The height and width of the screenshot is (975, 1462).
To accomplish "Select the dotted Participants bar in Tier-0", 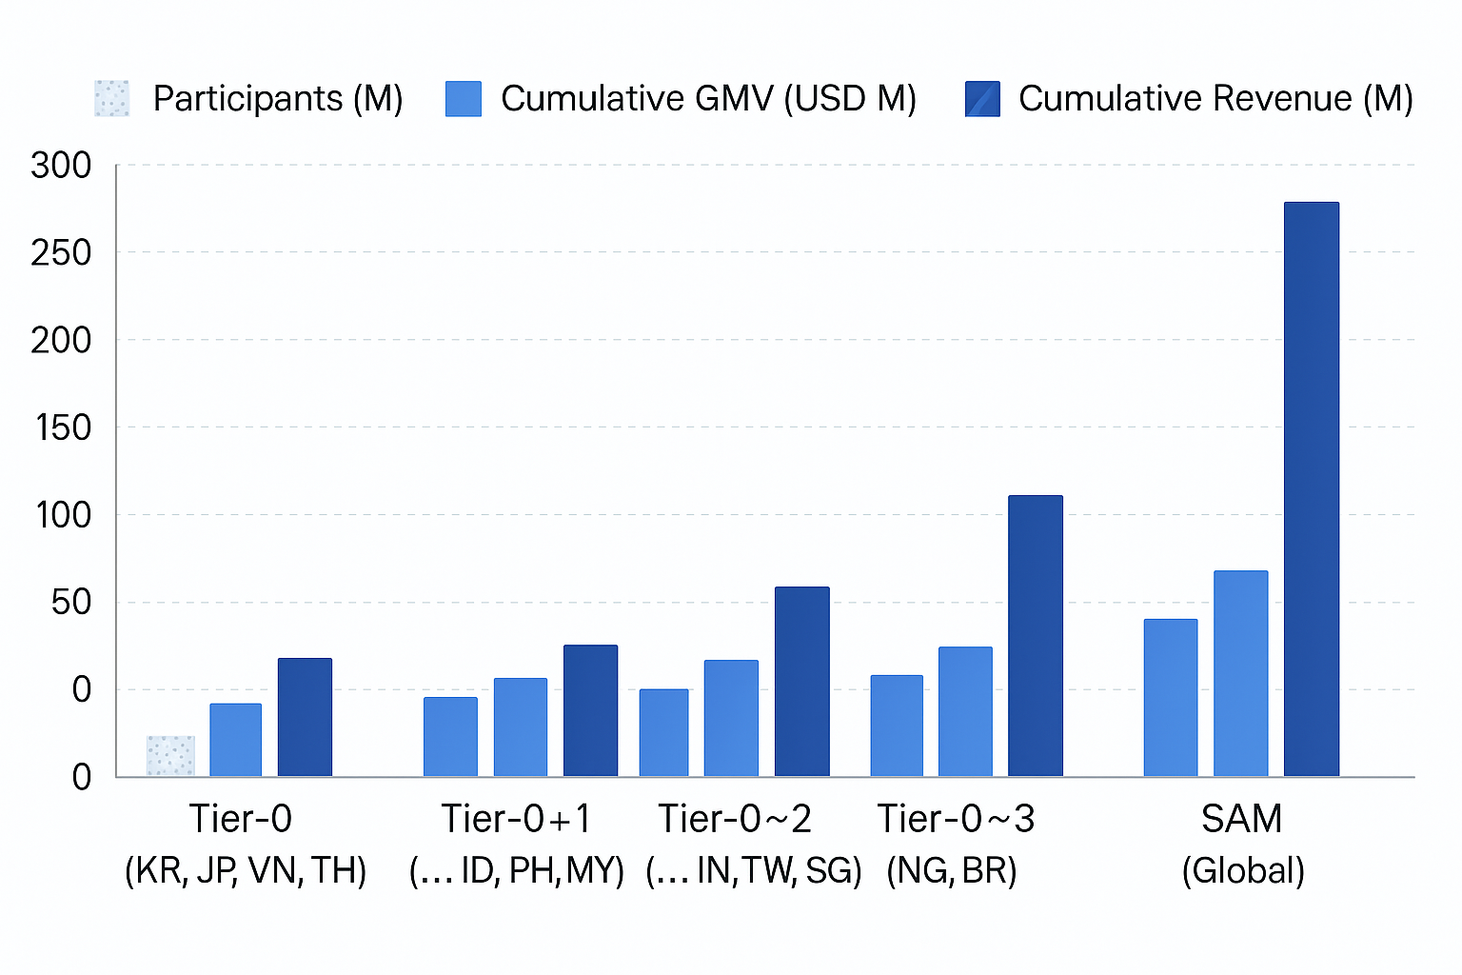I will coord(170,756).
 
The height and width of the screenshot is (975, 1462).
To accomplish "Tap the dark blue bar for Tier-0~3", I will coord(1035,635).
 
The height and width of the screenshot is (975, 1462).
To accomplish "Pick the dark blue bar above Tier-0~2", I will coord(801,681).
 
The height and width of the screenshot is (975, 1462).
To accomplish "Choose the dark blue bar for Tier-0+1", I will coord(590,710).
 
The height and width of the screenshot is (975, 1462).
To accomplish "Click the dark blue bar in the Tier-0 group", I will coord(305,717).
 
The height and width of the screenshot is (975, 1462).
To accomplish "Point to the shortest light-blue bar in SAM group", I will coord(1170,697).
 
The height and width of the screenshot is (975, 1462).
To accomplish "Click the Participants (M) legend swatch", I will coord(111,99).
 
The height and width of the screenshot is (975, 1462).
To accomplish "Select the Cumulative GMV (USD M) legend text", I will coord(708,99).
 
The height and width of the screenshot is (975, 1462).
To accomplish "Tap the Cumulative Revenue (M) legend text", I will coord(1215,99).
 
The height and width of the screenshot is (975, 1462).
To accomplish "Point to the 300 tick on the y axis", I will coord(61,166).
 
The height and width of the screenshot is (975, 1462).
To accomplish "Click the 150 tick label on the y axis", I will coord(63,428).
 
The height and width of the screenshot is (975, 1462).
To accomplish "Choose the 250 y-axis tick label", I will coord(61,252).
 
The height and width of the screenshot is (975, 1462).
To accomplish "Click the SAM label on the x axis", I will coord(1241,819).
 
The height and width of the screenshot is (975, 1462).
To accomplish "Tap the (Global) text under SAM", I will coord(1242,870).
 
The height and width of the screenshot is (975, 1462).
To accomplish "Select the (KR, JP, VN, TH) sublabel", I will coord(246,870).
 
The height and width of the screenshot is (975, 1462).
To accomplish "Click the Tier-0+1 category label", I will coord(516,819).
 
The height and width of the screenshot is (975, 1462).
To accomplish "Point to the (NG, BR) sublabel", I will coord(951,870).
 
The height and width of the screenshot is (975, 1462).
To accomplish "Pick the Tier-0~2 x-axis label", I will coord(735,819).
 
